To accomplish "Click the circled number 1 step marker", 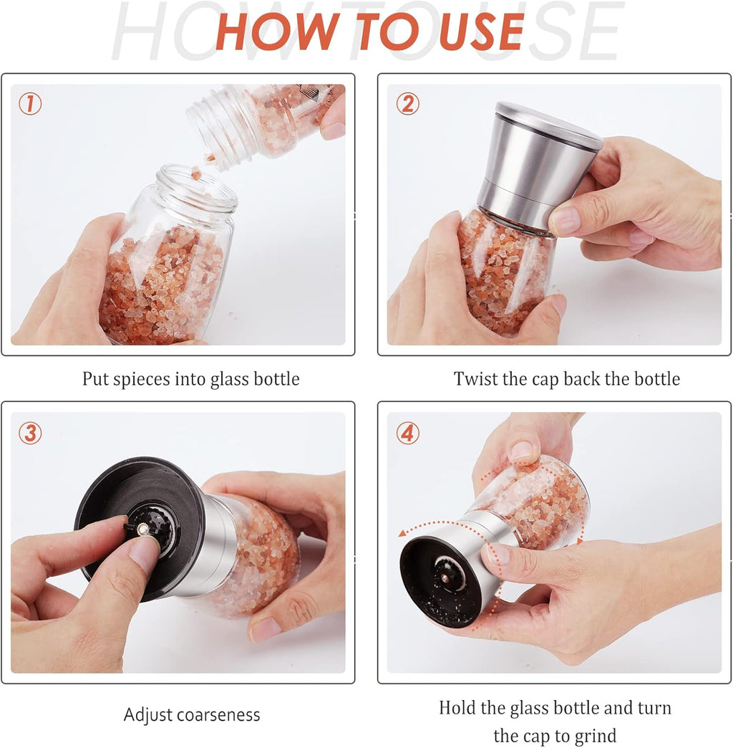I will [30, 105].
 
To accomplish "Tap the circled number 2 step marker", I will [407, 105].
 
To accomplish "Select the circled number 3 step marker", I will [30, 433].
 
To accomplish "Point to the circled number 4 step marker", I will [407, 433].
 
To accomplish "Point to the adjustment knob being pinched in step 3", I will [143, 529].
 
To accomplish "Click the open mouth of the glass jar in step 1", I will [196, 186].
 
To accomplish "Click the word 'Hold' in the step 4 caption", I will [457, 709].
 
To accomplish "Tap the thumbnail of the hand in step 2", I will [565, 221].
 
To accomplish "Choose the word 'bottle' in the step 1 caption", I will [276, 379].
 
